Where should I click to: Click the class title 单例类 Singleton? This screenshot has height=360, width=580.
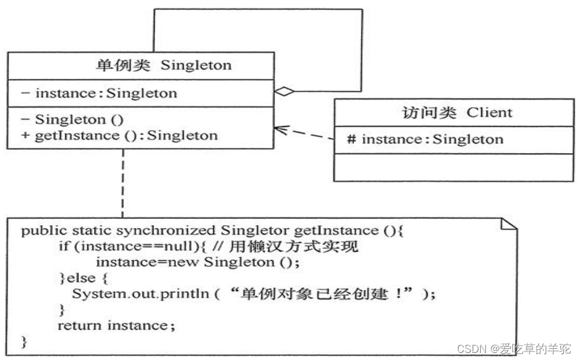pos(163,65)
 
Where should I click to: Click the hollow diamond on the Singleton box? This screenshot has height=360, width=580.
pos(285,91)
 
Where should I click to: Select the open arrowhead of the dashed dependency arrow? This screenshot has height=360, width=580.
pos(280,129)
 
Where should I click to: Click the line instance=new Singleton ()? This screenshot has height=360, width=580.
pos(194,262)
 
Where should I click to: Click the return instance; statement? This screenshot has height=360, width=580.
pos(116,326)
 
